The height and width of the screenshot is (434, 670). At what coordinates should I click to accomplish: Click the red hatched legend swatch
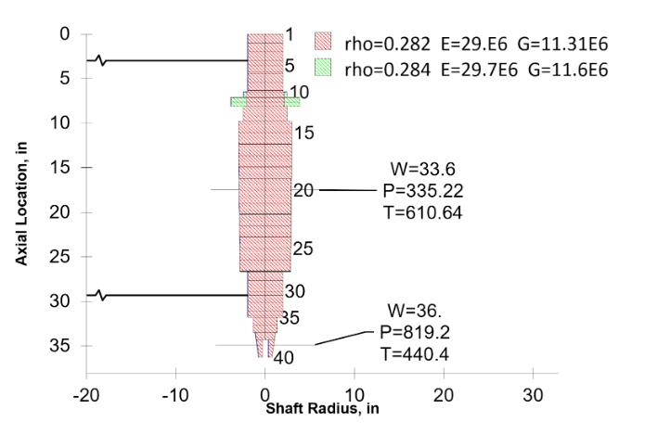pos(324,42)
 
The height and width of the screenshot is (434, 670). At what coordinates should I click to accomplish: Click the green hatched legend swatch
pos(324,67)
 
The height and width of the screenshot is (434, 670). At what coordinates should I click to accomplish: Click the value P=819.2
pos(414,330)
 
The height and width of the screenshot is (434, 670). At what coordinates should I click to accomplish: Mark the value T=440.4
pos(414,351)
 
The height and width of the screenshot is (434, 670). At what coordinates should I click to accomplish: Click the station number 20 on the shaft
pos(303,190)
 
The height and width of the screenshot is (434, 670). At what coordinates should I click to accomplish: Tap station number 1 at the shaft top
pos(290,35)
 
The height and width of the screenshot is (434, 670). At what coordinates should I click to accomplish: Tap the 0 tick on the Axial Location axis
pos(64,34)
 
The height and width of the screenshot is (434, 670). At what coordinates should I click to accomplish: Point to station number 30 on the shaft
pos(295,291)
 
